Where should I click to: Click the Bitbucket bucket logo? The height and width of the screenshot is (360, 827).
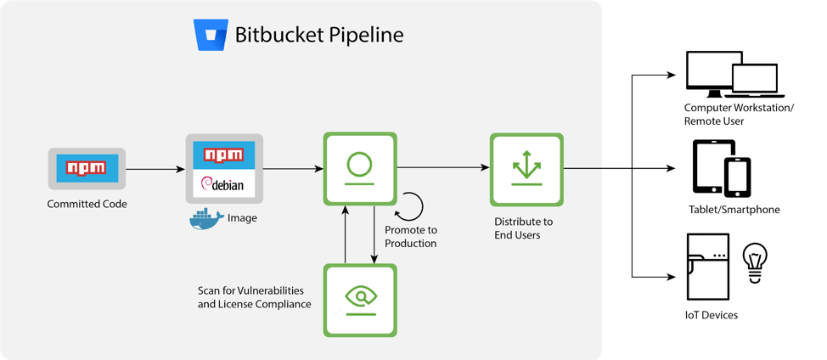(x=211, y=35)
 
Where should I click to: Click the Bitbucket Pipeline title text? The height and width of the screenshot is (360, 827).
(x=318, y=35)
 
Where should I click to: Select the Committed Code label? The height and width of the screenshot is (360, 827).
(x=87, y=204)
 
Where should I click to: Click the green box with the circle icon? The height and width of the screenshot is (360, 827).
(x=360, y=168)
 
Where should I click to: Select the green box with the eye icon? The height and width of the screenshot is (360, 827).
(x=360, y=300)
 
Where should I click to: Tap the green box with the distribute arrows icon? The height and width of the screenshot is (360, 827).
(x=526, y=169)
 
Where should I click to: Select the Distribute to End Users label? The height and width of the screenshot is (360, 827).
(x=523, y=228)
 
